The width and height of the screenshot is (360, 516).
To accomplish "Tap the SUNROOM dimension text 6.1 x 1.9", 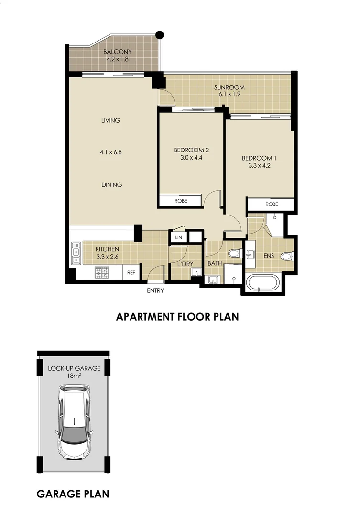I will point(229,95).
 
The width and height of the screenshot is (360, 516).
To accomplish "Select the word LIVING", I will point(110,121).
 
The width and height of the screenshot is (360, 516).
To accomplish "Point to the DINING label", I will point(111,185).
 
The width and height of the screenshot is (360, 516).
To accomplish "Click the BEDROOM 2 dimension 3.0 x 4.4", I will point(191,158).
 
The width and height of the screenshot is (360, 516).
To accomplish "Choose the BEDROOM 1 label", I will point(259,158).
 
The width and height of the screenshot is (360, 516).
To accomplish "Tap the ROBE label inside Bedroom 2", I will point(181,201).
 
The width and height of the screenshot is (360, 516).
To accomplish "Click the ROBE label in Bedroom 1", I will point(272,204).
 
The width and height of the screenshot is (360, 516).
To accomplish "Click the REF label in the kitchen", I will point(131,273).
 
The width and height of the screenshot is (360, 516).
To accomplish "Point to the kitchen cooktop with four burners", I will point(102,273).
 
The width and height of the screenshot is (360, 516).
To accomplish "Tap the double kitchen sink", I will point(76,254).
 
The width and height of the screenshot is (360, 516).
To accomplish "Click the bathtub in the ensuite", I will point(262,283).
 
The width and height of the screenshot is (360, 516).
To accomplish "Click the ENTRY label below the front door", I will point(156,290).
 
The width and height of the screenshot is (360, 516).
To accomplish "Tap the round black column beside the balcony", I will point(160,34).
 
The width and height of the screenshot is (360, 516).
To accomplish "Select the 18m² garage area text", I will point(74,376).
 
